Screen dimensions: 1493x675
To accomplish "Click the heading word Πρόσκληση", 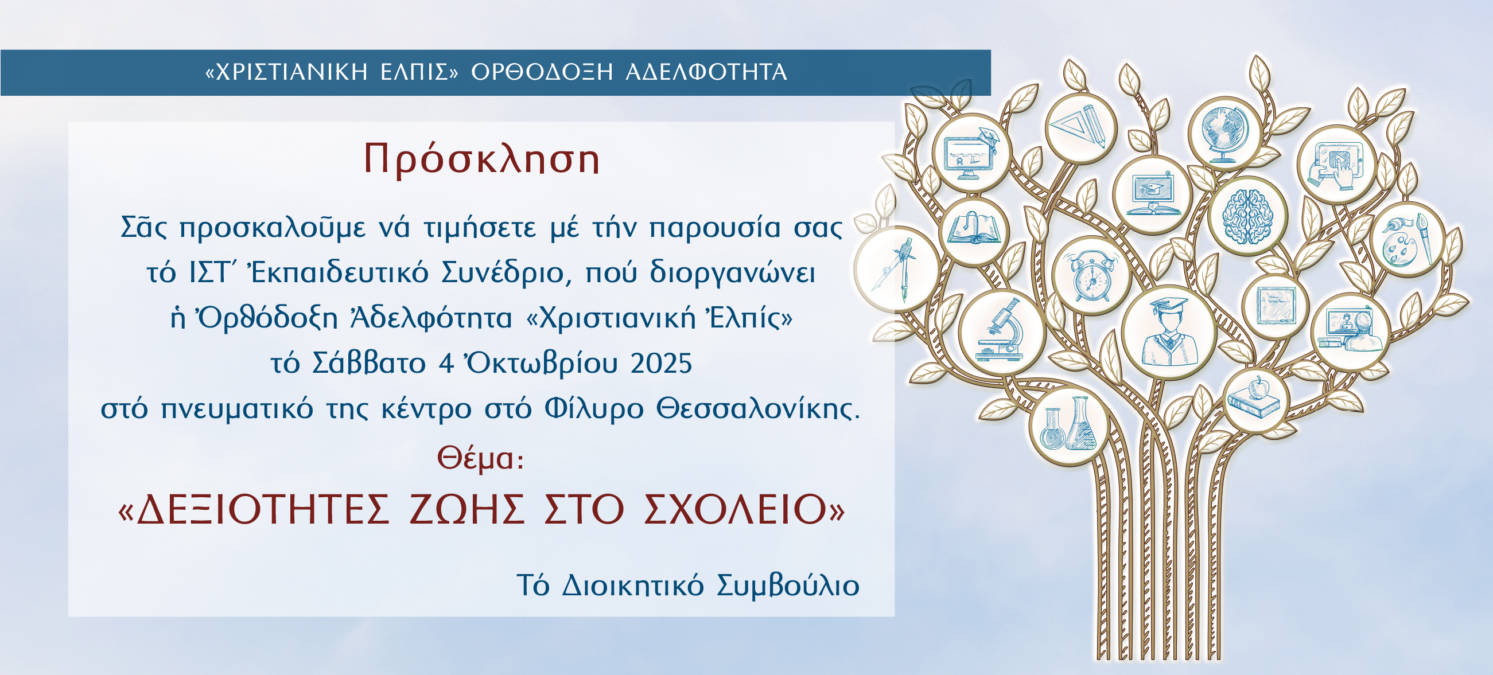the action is [x=481, y=159].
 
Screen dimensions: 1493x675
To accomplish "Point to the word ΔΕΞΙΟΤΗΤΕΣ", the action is [x=263, y=509].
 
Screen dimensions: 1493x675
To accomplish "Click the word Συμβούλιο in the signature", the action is [x=788, y=585].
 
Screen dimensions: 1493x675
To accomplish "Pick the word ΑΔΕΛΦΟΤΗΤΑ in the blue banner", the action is [x=706, y=72].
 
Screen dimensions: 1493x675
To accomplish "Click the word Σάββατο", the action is [x=368, y=363].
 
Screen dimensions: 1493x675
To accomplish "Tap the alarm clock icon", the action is [x=1091, y=275].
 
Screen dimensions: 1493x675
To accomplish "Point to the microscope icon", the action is [x=1001, y=331].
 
